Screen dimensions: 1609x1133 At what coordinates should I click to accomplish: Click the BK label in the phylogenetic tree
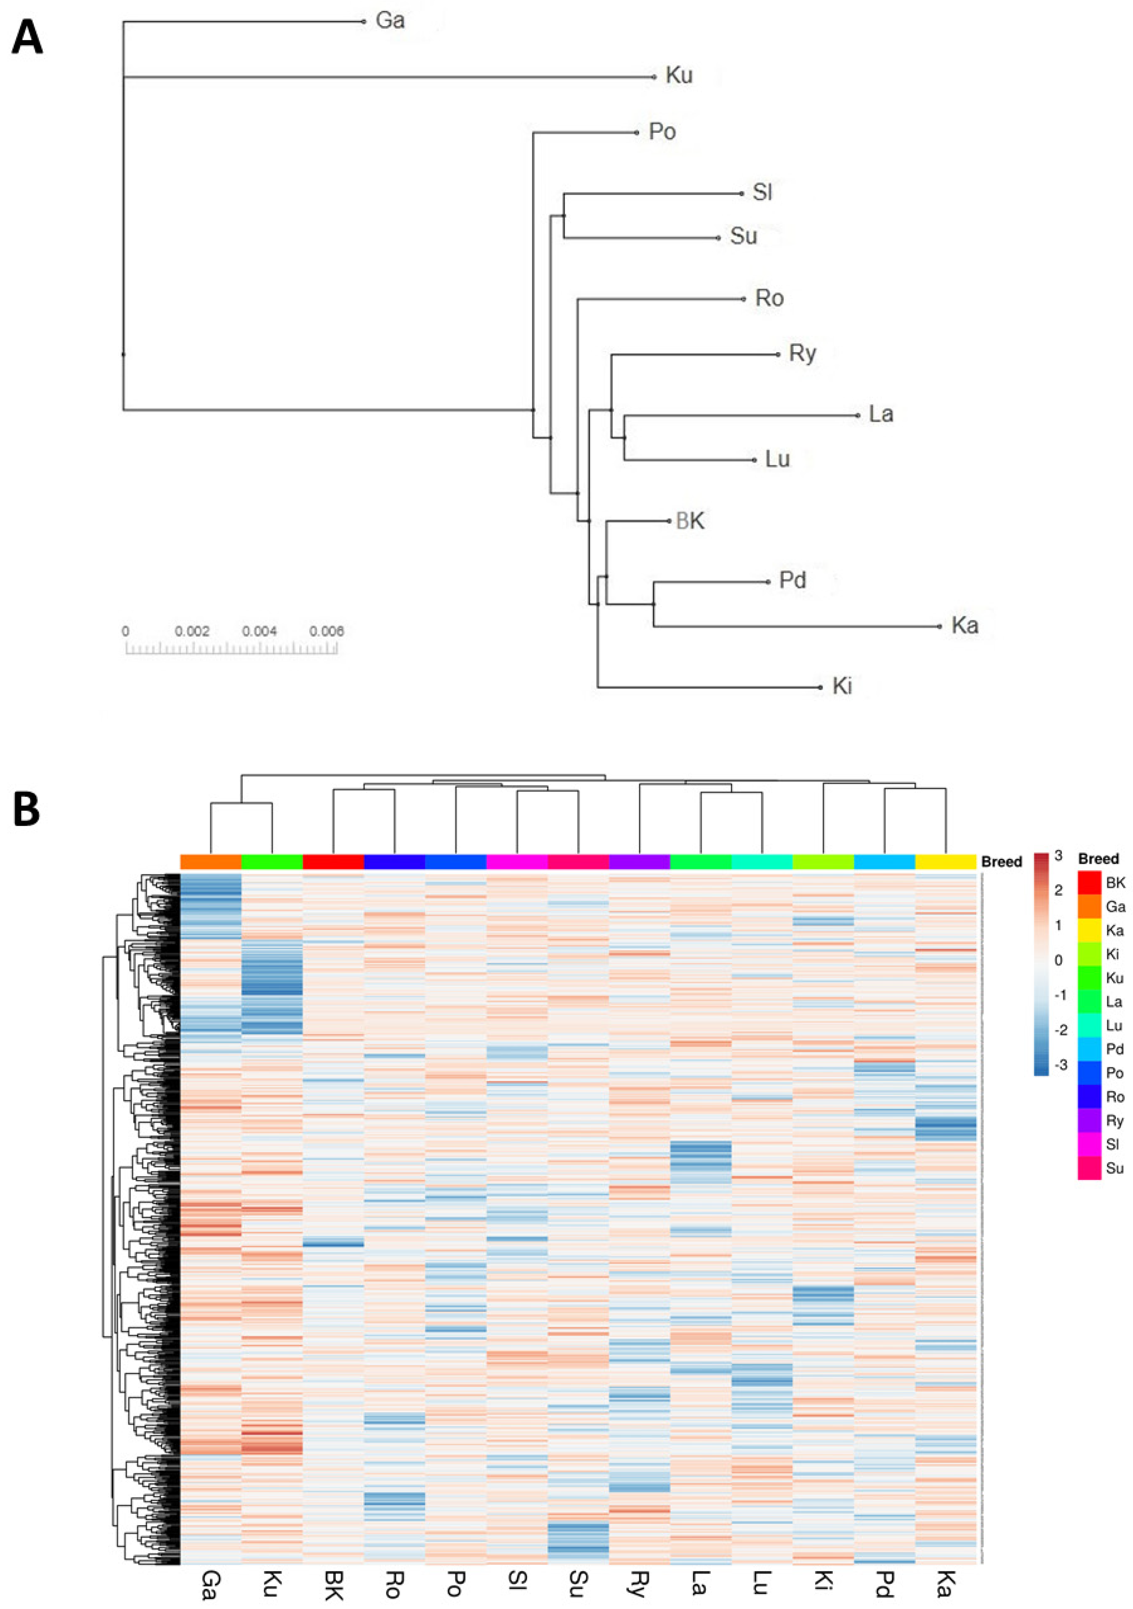pyautogui.click(x=690, y=521)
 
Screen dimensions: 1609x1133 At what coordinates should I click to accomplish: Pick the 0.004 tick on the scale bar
pyautogui.click(x=260, y=631)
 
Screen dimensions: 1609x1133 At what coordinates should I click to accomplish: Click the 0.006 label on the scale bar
pyautogui.click(x=326, y=631)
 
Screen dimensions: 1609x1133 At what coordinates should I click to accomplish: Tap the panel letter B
pyautogui.click(x=27, y=809)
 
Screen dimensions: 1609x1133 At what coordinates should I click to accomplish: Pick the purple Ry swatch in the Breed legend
pyautogui.click(x=1089, y=1121)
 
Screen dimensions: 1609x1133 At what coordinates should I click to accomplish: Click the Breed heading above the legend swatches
pyautogui.click(x=1098, y=858)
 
